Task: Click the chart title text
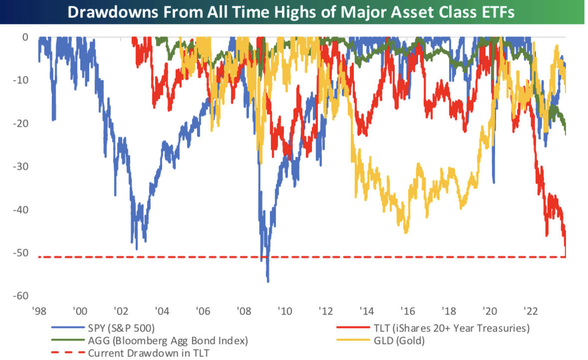[x=291, y=12]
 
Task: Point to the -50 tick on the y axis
[x=21, y=253]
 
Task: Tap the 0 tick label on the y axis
[x=25, y=37]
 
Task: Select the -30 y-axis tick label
[x=21, y=166]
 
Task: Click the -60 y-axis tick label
[x=21, y=296]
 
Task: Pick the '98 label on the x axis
[x=39, y=311]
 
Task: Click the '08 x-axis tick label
[x=244, y=311]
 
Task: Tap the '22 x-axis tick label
[x=531, y=311]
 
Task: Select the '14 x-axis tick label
[x=367, y=311]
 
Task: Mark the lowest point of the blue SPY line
[x=268, y=282]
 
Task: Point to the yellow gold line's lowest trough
[x=406, y=233]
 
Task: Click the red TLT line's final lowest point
[x=565, y=257]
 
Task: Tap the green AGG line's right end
[x=565, y=134]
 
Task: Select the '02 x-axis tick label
[x=121, y=311]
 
